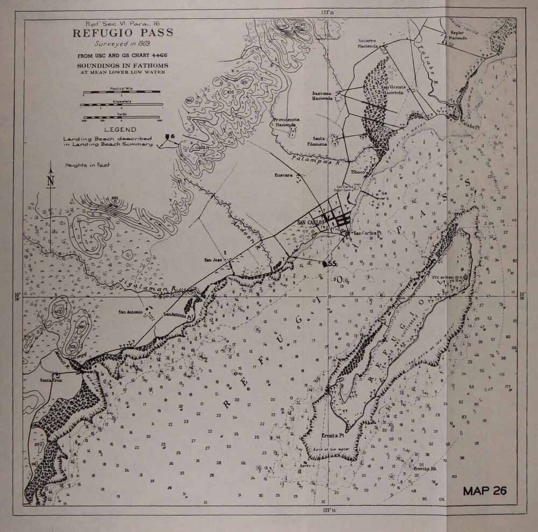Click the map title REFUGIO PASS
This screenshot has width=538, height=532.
(x=120, y=33)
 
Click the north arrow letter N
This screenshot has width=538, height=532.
(x=51, y=181)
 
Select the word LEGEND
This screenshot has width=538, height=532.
(x=120, y=130)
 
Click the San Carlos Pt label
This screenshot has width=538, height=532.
(x=367, y=232)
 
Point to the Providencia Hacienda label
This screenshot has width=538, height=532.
(x=286, y=122)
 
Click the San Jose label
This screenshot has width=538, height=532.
(x=213, y=260)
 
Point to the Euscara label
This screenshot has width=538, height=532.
(x=282, y=175)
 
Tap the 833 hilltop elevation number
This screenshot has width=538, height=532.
(x=230, y=92)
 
